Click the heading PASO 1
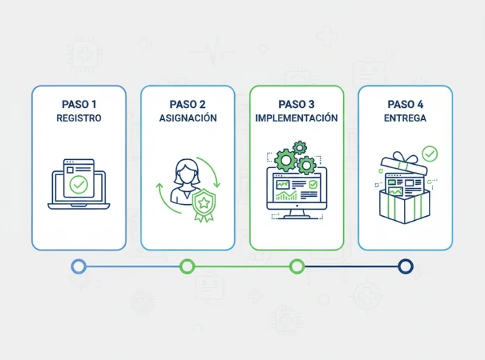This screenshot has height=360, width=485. [x=79, y=105]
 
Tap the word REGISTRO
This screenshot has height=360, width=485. [x=79, y=118]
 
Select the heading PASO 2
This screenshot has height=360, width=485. [x=187, y=105]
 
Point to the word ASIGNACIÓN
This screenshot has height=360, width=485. [x=187, y=118]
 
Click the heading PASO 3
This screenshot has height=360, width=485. [x=297, y=105]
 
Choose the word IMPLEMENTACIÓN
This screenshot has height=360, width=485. [x=297, y=118]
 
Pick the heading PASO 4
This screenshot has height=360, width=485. [x=405, y=105]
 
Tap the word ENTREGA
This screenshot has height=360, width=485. [x=405, y=118]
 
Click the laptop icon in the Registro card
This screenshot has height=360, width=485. [x=78, y=186]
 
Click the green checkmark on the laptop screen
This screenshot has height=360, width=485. [x=79, y=185]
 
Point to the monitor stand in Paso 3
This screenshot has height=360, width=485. [x=297, y=213]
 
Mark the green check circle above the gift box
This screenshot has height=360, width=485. [x=430, y=152]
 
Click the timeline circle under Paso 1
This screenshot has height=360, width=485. [x=79, y=266]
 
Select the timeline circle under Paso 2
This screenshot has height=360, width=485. [x=187, y=266]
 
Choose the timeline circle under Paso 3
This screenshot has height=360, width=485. [x=297, y=266]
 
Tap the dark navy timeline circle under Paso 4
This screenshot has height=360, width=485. [x=405, y=266]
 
